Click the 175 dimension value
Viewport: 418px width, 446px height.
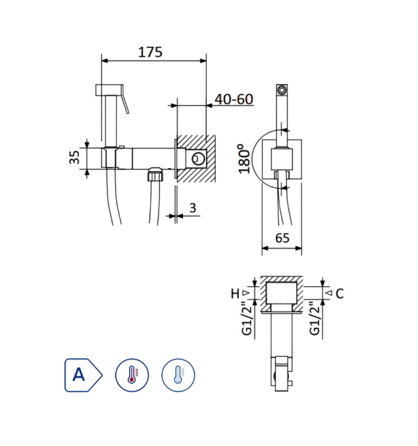click(x=150, y=52)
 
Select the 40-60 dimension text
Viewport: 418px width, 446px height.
click(x=234, y=99)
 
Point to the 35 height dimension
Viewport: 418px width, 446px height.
click(x=74, y=157)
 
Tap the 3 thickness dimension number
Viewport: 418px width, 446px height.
click(x=193, y=208)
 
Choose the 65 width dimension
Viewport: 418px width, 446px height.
click(x=282, y=238)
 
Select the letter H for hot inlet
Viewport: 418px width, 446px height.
click(x=235, y=293)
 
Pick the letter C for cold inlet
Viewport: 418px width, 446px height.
click(x=340, y=294)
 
